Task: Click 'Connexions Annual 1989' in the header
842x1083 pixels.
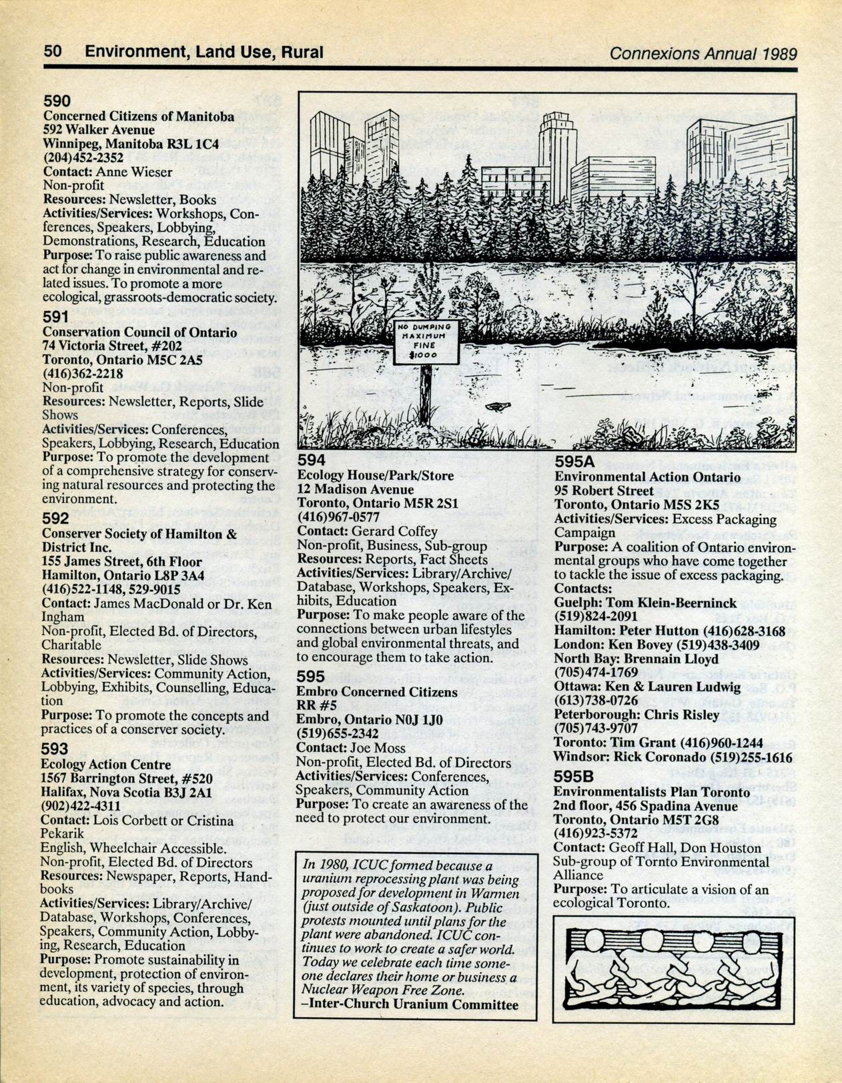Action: (x=703, y=53)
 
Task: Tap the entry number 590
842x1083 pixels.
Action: (x=57, y=101)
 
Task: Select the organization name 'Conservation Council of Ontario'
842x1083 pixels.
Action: (x=139, y=332)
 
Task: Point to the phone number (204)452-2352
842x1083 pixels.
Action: (x=83, y=157)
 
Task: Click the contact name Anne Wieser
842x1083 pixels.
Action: (x=133, y=171)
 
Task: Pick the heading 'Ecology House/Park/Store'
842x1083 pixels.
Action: (x=375, y=476)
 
